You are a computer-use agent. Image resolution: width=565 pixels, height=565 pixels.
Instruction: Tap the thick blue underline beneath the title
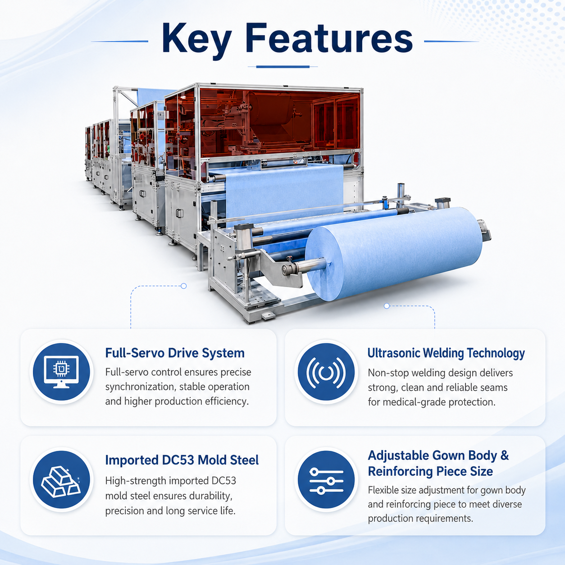point(282,67)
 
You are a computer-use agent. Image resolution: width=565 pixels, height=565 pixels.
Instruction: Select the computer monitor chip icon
point(61,372)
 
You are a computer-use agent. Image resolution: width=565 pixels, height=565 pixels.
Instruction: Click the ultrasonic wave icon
point(326,372)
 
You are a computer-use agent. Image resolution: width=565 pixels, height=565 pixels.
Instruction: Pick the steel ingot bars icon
point(61,480)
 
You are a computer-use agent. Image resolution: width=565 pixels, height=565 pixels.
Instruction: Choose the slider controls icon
point(326,480)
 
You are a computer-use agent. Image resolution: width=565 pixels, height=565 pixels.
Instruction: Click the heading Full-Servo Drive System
point(175,353)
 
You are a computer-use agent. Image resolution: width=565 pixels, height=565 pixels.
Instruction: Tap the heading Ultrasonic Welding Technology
point(446,354)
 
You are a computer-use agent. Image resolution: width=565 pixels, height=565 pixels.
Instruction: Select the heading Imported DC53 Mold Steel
point(182,460)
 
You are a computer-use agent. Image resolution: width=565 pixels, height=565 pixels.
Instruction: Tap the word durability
point(210,496)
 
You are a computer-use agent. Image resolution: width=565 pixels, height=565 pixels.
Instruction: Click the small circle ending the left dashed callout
point(184,286)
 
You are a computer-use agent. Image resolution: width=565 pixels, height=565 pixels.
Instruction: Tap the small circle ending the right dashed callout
point(387,306)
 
